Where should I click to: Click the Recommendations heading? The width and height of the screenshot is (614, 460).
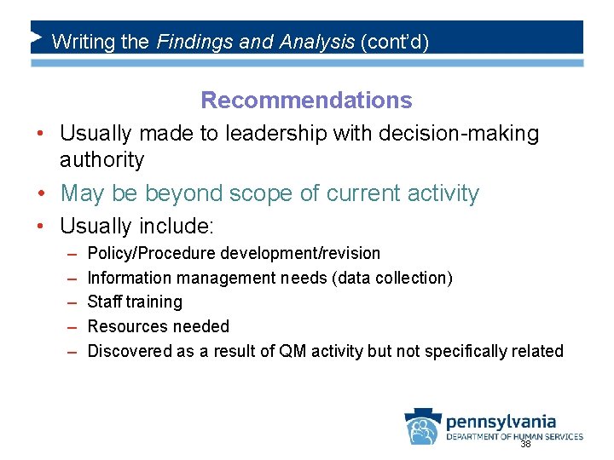[306, 101]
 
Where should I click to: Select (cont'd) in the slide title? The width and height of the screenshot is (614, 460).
[396, 41]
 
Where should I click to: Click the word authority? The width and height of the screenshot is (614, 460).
[101, 159]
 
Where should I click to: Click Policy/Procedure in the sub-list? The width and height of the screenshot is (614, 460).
[152, 253]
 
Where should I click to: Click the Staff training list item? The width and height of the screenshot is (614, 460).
[135, 302]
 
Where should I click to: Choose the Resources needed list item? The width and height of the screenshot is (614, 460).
[159, 326]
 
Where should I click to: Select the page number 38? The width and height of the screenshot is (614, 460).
[525, 445]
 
